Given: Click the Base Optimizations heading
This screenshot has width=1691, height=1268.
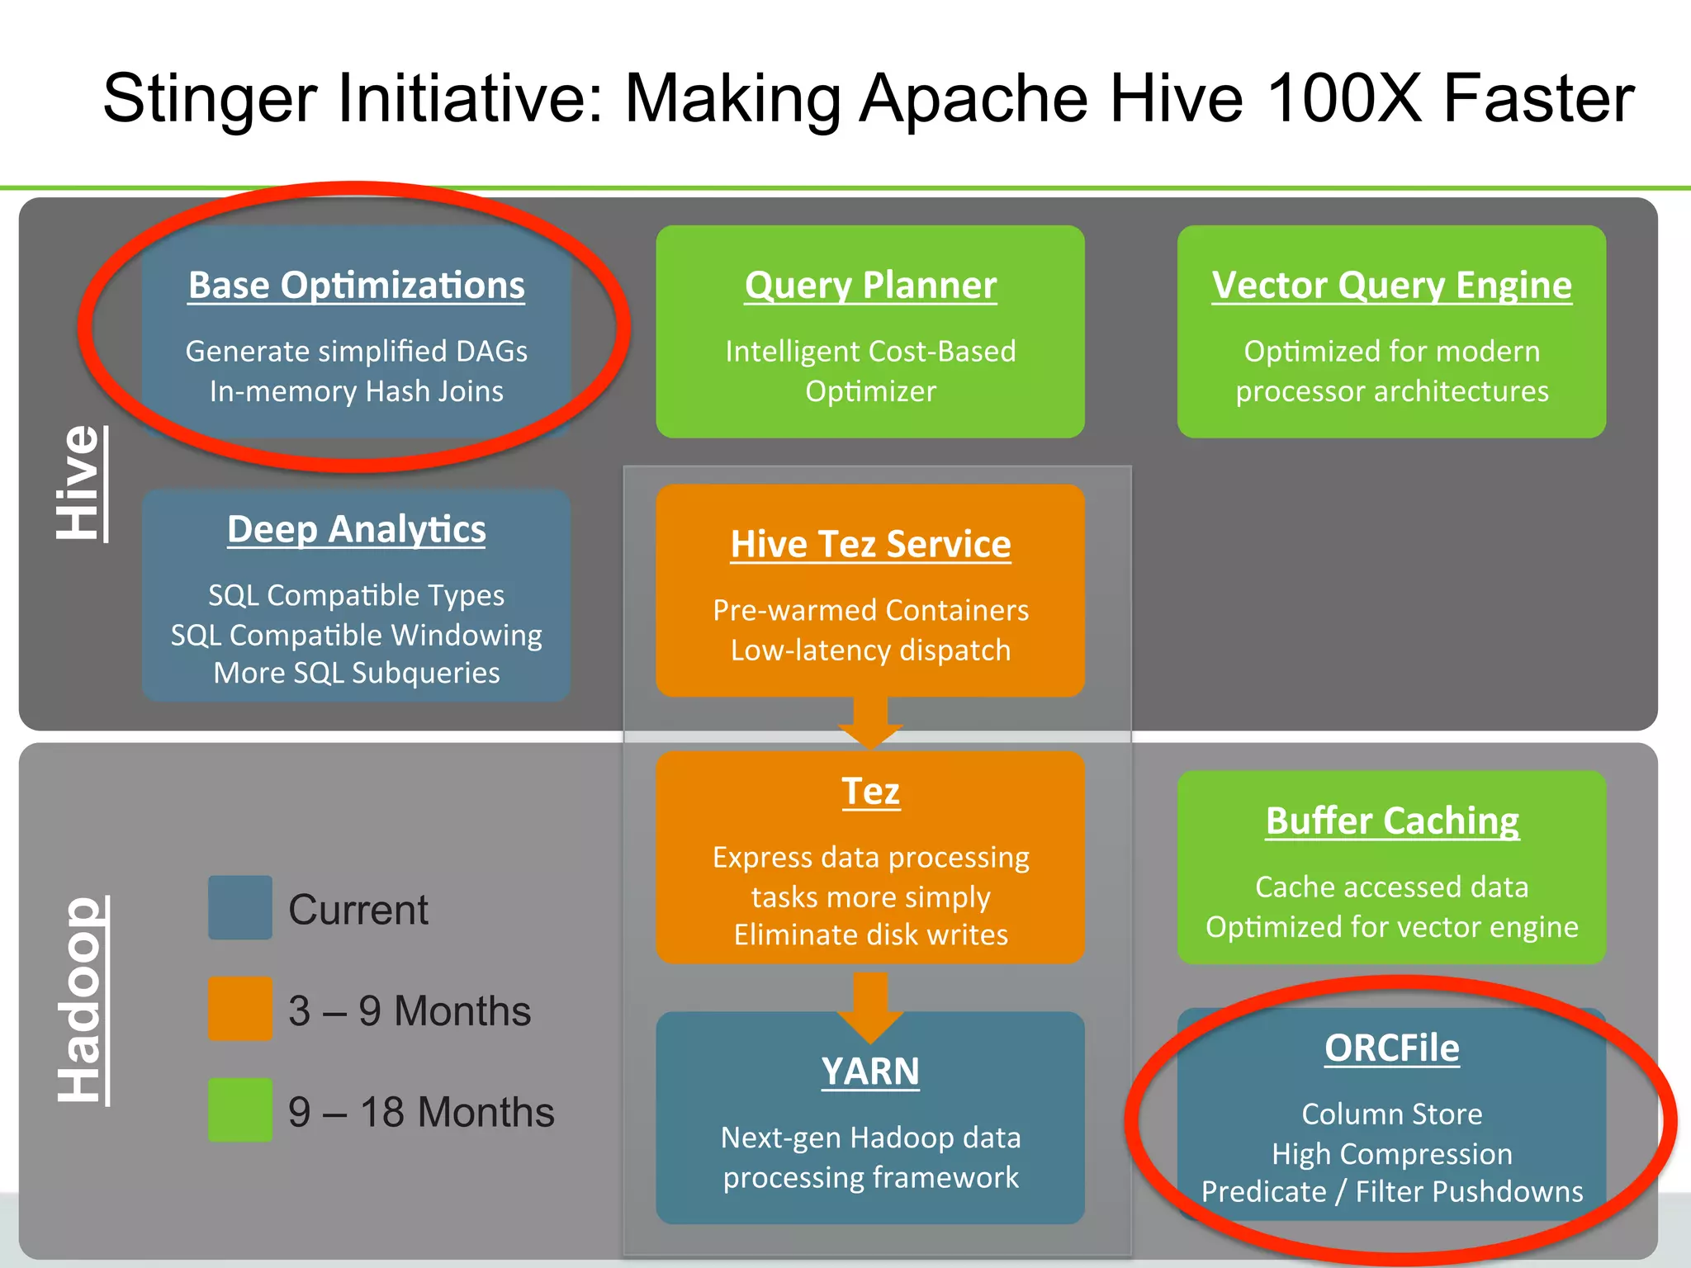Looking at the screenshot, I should click(x=356, y=286).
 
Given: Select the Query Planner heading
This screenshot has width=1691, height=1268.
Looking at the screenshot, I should click(x=870, y=286).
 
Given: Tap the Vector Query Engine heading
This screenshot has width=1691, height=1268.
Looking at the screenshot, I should click(x=1391, y=286).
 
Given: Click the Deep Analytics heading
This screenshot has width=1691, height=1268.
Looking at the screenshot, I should click(x=356, y=529).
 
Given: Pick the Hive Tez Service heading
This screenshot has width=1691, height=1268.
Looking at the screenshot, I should click(x=870, y=544).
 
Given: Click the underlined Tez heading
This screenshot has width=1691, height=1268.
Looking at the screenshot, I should click(x=870, y=791).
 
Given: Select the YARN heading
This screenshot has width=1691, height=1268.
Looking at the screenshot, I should click(x=870, y=1072).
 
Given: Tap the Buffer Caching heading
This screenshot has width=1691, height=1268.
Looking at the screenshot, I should click(x=1391, y=821).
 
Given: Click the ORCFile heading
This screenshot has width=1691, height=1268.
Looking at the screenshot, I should click(x=1391, y=1048).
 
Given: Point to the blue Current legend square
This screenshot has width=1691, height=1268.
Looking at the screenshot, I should click(x=240, y=907).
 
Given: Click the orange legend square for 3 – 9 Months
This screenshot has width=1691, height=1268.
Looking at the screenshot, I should click(x=240, y=1009).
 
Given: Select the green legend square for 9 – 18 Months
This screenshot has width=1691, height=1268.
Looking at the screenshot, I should click(x=240, y=1109).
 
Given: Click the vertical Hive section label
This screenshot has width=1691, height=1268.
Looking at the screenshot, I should click(x=80, y=484).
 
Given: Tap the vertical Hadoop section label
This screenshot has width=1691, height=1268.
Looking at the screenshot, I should click(x=80, y=1000).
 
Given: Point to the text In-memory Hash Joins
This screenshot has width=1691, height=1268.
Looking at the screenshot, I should click(x=356, y=391).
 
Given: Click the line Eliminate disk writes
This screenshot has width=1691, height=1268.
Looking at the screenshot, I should click(x=870, y=935).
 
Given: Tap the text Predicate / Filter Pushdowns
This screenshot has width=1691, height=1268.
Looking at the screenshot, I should click(x=1391, y=1192).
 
